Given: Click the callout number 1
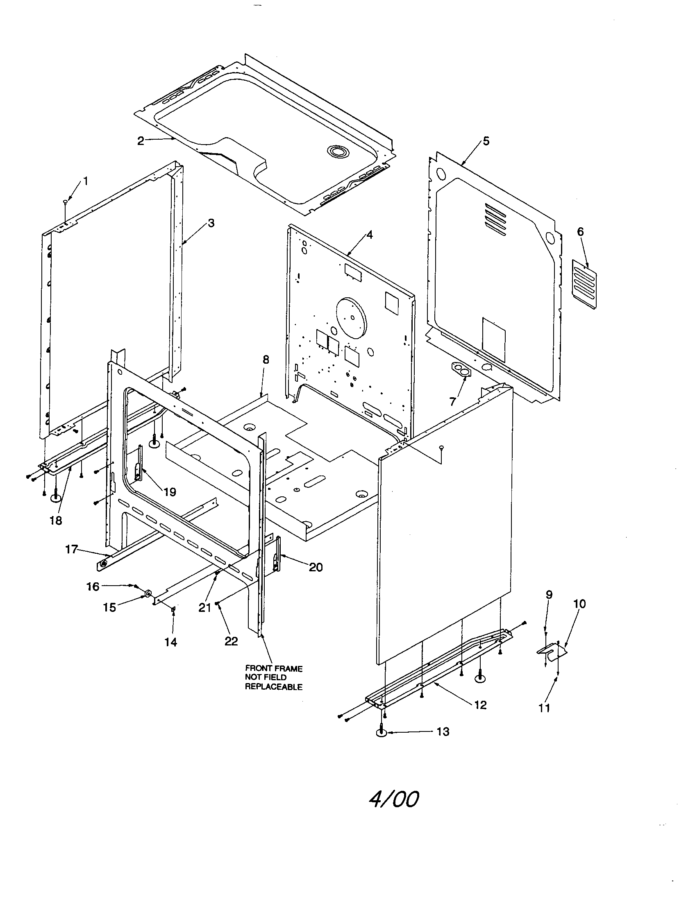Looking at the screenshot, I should [85, 181].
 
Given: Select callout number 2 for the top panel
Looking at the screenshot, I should [141, 141].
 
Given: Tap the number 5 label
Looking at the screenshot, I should [486, 141].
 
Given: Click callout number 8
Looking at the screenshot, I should [266, 360].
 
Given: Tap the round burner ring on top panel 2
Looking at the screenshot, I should [337, 152].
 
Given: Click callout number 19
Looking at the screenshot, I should [170, 492].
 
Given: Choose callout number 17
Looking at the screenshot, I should [71, 550].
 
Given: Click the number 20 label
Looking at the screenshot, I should [316, 567].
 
